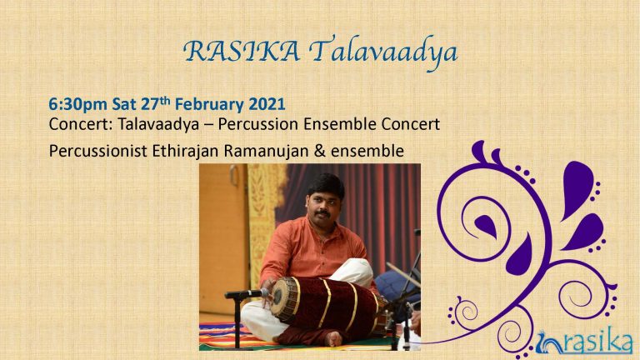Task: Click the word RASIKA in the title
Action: click(x=242, y=52)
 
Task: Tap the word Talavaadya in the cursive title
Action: click(x=382, y=53)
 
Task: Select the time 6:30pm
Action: click(x=78, y=104)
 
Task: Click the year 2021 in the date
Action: click(x=267, y=103)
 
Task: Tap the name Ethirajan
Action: click(x=186, y=151)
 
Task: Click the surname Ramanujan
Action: click(x=266, y=151)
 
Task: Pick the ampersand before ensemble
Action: click(x=320, y=151)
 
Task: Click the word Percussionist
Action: click(x=98, y=151)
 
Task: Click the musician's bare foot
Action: click(x=333, y=338)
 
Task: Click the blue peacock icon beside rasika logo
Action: click(x=549, y=342)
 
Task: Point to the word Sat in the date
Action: click(x=123, y=104)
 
